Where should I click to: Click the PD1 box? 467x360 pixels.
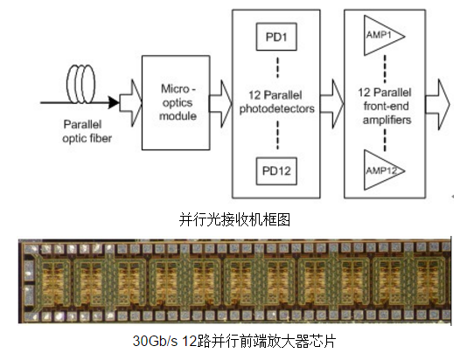coord(276,37)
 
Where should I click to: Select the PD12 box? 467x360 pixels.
coord(276,171)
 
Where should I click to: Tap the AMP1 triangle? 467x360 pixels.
coord(384,36)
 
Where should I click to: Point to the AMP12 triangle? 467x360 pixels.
coord(384,170)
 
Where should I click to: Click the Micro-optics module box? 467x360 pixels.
coord(176,102)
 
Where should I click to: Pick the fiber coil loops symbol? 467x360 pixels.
coord(81,84)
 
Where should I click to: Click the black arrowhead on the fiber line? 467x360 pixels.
coord(114,102)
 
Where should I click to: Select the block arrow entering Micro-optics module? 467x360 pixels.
coord(131,103)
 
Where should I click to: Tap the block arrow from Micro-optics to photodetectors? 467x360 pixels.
coord(220,104)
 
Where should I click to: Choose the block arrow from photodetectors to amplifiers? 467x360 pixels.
coord(332,104)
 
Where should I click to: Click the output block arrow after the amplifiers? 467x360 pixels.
coord(437,105)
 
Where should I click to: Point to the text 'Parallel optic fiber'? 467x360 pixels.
coord(87,131)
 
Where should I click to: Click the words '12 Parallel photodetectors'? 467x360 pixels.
coord(277,101)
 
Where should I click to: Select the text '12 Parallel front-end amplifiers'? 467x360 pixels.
coord(386,106)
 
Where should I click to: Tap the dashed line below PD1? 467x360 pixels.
coord(277,67)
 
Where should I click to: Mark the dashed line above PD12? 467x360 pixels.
coord(277,135)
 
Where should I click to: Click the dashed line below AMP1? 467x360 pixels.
coord(385,69)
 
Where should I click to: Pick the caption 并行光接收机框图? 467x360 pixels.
coord(234,219)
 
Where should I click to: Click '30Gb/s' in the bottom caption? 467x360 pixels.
coord(155,341)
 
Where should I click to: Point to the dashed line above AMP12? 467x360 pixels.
coord(385,140)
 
